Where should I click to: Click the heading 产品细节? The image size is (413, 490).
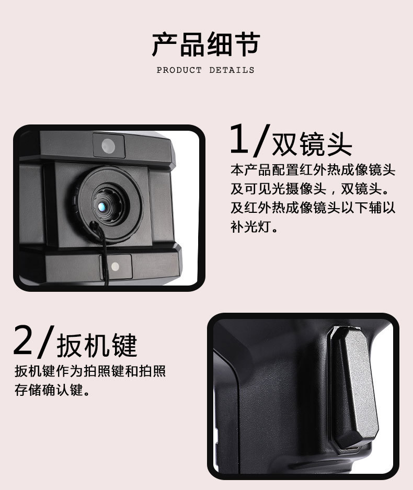pyautogui.click(x=206, y=44)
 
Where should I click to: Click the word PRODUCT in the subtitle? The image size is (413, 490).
pyautogui.click(x=179, y=70)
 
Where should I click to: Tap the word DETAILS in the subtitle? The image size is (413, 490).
pyautogui.click(x=232, y=70)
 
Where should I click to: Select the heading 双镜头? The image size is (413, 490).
pyautogui.click(x=312, y=144)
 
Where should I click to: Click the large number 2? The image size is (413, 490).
pyautogui.click(x=22, y=340)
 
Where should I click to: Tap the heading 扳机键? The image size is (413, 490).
pyautogui.click(x=97, y=345)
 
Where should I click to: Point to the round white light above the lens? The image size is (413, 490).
pyautogui.click(x=108, y=145)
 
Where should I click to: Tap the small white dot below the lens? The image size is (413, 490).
pyautogui.click(x=115, y=267)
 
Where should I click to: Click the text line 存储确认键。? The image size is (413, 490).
pyautogui.click(x=52, y=390)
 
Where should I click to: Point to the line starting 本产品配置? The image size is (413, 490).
pyautogui.click(x=313, y=170)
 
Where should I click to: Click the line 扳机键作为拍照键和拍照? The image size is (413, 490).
pyautogui.click(x=90, y=371)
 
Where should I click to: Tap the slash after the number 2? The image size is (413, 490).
pyautogui.click(x=45, y=341)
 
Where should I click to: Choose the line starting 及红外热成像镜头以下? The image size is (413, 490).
pyautogui.click(x=313, y=208)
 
